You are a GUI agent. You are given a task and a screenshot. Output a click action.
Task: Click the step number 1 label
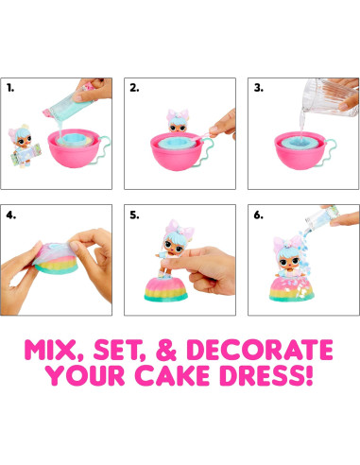pyautogui.click(x=12, y=87)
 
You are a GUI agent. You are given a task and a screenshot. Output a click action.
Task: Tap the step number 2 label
pyautogui.click(x=134, y=87)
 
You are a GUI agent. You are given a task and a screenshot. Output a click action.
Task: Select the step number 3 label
pyautogui.click(x=257, y=87)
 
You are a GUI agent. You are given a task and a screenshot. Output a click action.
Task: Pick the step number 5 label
pyautogui.click(x=135, y=214)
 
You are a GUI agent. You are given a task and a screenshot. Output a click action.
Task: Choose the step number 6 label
pyautogui.click(x=257, y=214)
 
